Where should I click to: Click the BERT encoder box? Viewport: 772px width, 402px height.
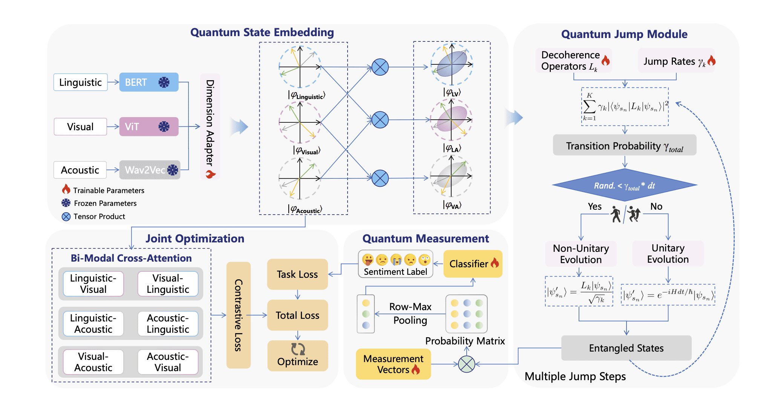tap(149, 82)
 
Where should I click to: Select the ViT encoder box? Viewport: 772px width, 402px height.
tap(149, 126)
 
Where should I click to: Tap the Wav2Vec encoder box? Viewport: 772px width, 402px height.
tap(149, 170)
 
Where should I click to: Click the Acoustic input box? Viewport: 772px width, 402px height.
tap(80, 170)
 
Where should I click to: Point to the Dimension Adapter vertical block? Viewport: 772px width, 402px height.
tap(210, 126)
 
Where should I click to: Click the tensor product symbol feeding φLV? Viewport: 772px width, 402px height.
tap(380, 67)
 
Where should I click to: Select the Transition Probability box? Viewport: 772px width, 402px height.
tap(624, 145)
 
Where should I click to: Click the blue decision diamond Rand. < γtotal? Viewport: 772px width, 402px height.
tap(624, 185)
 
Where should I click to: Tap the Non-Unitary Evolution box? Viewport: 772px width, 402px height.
tap(581, 254)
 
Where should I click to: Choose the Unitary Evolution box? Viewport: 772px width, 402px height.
tap(668, 253)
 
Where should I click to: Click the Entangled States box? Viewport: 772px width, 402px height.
tap(626, 348)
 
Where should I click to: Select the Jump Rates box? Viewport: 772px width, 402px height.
tap(676, 61)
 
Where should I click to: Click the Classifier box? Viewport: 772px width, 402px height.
tap(473, 264)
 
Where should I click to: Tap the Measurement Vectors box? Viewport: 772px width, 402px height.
tap(393, 364)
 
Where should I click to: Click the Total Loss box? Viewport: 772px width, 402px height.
tap(297, 315)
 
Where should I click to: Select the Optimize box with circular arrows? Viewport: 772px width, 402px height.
tap(297, 356)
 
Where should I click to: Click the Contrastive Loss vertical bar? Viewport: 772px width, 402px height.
tap(238, 315)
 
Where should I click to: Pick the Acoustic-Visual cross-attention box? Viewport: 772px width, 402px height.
tap(168, 362)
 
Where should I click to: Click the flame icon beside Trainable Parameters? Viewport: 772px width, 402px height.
tap(66, 189)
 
